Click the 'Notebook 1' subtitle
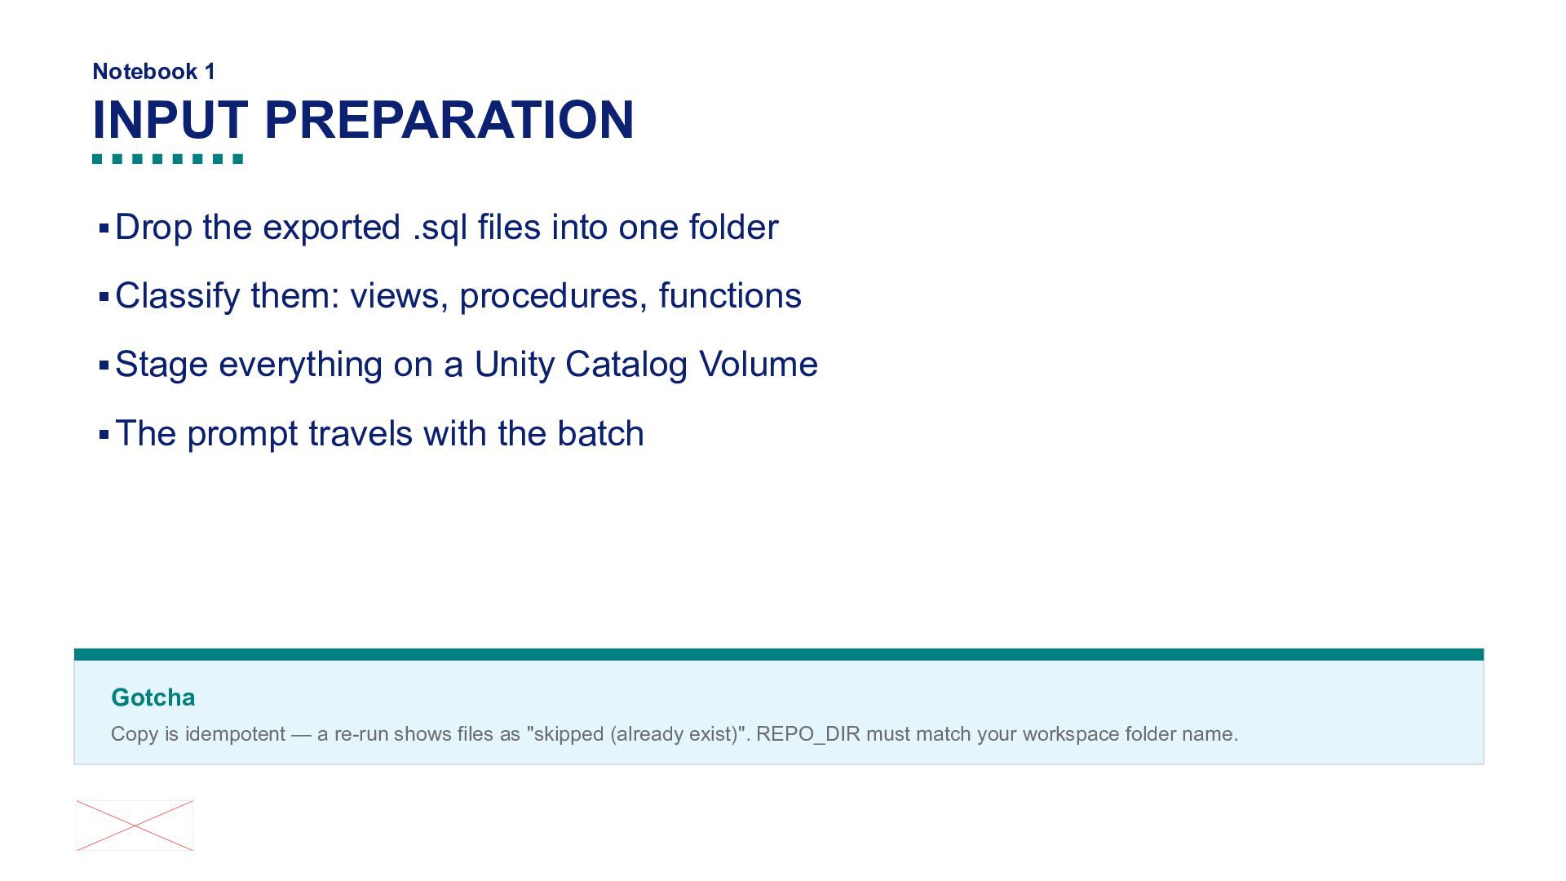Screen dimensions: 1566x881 tap(154, 72)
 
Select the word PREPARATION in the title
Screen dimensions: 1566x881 tap(449, 120)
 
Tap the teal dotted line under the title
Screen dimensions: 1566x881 tap(168, 159)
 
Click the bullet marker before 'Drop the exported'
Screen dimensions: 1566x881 tap(104, 228)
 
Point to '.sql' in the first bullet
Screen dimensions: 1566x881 tap(440, 228)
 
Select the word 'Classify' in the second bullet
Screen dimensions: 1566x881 tap(178, 296)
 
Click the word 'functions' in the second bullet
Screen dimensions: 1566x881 tap(730, 295)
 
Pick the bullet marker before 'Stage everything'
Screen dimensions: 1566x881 tap(104, 365)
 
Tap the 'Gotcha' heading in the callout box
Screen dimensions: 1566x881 tap(153, 697)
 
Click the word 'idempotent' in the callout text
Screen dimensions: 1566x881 tap(235, 734)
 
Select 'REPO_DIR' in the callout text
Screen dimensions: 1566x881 tap(807, 734)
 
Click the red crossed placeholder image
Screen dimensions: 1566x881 tap(135, 826)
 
